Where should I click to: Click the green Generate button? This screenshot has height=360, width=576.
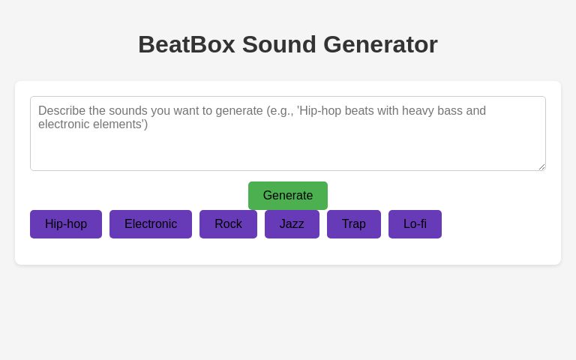pos(288,196)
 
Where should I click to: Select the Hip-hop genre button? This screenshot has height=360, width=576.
pos(66,224)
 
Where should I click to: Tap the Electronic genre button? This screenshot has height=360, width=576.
pos(151,224)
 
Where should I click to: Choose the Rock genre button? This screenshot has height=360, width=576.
pos(228,224)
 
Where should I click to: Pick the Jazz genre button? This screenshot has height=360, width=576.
pos(292,224)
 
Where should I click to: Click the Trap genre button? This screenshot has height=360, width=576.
pos(354,224)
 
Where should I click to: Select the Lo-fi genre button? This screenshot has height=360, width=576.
pos(415,224)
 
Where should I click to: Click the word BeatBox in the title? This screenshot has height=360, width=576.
pos(186,44)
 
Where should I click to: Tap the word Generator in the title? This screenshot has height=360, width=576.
pos(380,44)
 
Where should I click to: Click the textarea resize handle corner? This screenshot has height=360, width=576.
pos(541,166)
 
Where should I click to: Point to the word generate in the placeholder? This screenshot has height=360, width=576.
pos(239,111)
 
